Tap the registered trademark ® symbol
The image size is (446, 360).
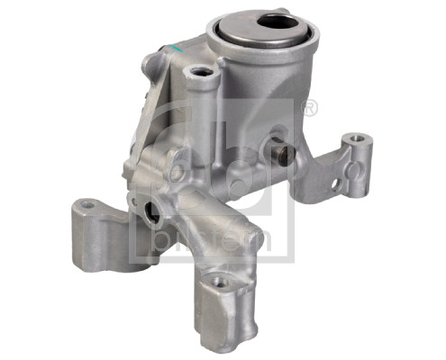click(x=310, y=108)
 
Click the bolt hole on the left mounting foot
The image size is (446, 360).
click(x=86, y=208)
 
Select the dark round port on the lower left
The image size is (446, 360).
click(x=150, y=216)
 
